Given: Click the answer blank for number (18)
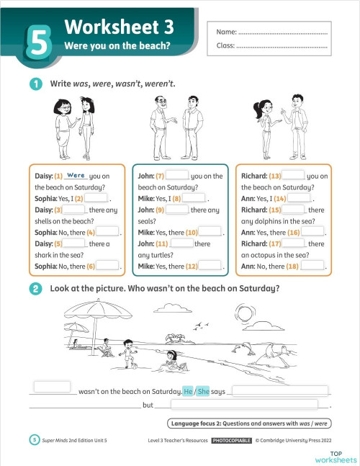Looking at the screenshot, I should [312, 265].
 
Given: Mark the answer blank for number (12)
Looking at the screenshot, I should [210, 265].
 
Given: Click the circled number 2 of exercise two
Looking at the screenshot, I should [35, 289].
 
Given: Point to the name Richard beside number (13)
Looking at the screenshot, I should [253, 176].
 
